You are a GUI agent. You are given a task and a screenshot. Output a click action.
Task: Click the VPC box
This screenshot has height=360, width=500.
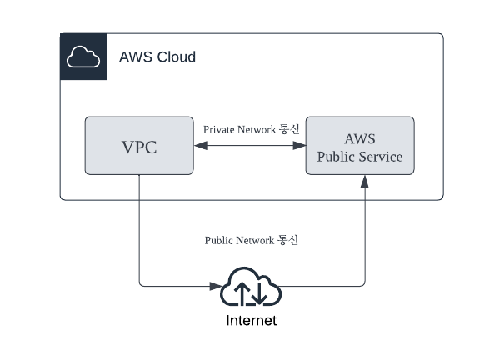point(139,145)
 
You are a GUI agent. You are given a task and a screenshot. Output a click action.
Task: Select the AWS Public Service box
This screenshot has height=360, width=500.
point(360,145)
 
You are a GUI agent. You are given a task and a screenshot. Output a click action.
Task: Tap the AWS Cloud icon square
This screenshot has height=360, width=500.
point(83,57)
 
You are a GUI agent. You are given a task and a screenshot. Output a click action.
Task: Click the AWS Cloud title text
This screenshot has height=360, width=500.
point(157,57)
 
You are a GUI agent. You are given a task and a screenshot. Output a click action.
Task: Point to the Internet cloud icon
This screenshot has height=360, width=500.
point(251,287)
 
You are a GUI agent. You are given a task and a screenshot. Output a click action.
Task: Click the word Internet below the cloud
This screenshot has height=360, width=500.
point(252,321)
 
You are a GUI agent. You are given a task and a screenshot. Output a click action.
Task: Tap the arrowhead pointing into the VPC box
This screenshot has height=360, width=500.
point(201,146)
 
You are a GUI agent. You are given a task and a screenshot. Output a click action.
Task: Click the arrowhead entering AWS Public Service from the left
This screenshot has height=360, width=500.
point(299,146)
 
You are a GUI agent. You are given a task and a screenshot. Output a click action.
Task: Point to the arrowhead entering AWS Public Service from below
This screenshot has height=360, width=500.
point(365,182)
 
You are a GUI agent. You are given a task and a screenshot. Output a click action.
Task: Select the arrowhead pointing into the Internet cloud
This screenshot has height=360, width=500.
point(216,286)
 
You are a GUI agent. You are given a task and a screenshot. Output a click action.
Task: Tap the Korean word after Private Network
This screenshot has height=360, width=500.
point(289,129)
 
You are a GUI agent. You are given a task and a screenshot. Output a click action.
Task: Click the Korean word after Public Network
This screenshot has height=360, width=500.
point(287,240)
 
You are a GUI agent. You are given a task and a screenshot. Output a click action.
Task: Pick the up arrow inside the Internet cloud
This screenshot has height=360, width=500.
point(242,292)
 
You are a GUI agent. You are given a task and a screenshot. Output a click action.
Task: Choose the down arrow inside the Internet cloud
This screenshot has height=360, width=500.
point(259,292)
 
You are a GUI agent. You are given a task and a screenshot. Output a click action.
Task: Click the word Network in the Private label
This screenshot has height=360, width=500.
point(257,129)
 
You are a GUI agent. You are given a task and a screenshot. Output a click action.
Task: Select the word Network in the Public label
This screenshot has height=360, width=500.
point(254,240)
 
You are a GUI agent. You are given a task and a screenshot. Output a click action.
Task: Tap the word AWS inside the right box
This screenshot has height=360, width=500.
point(360,138)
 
